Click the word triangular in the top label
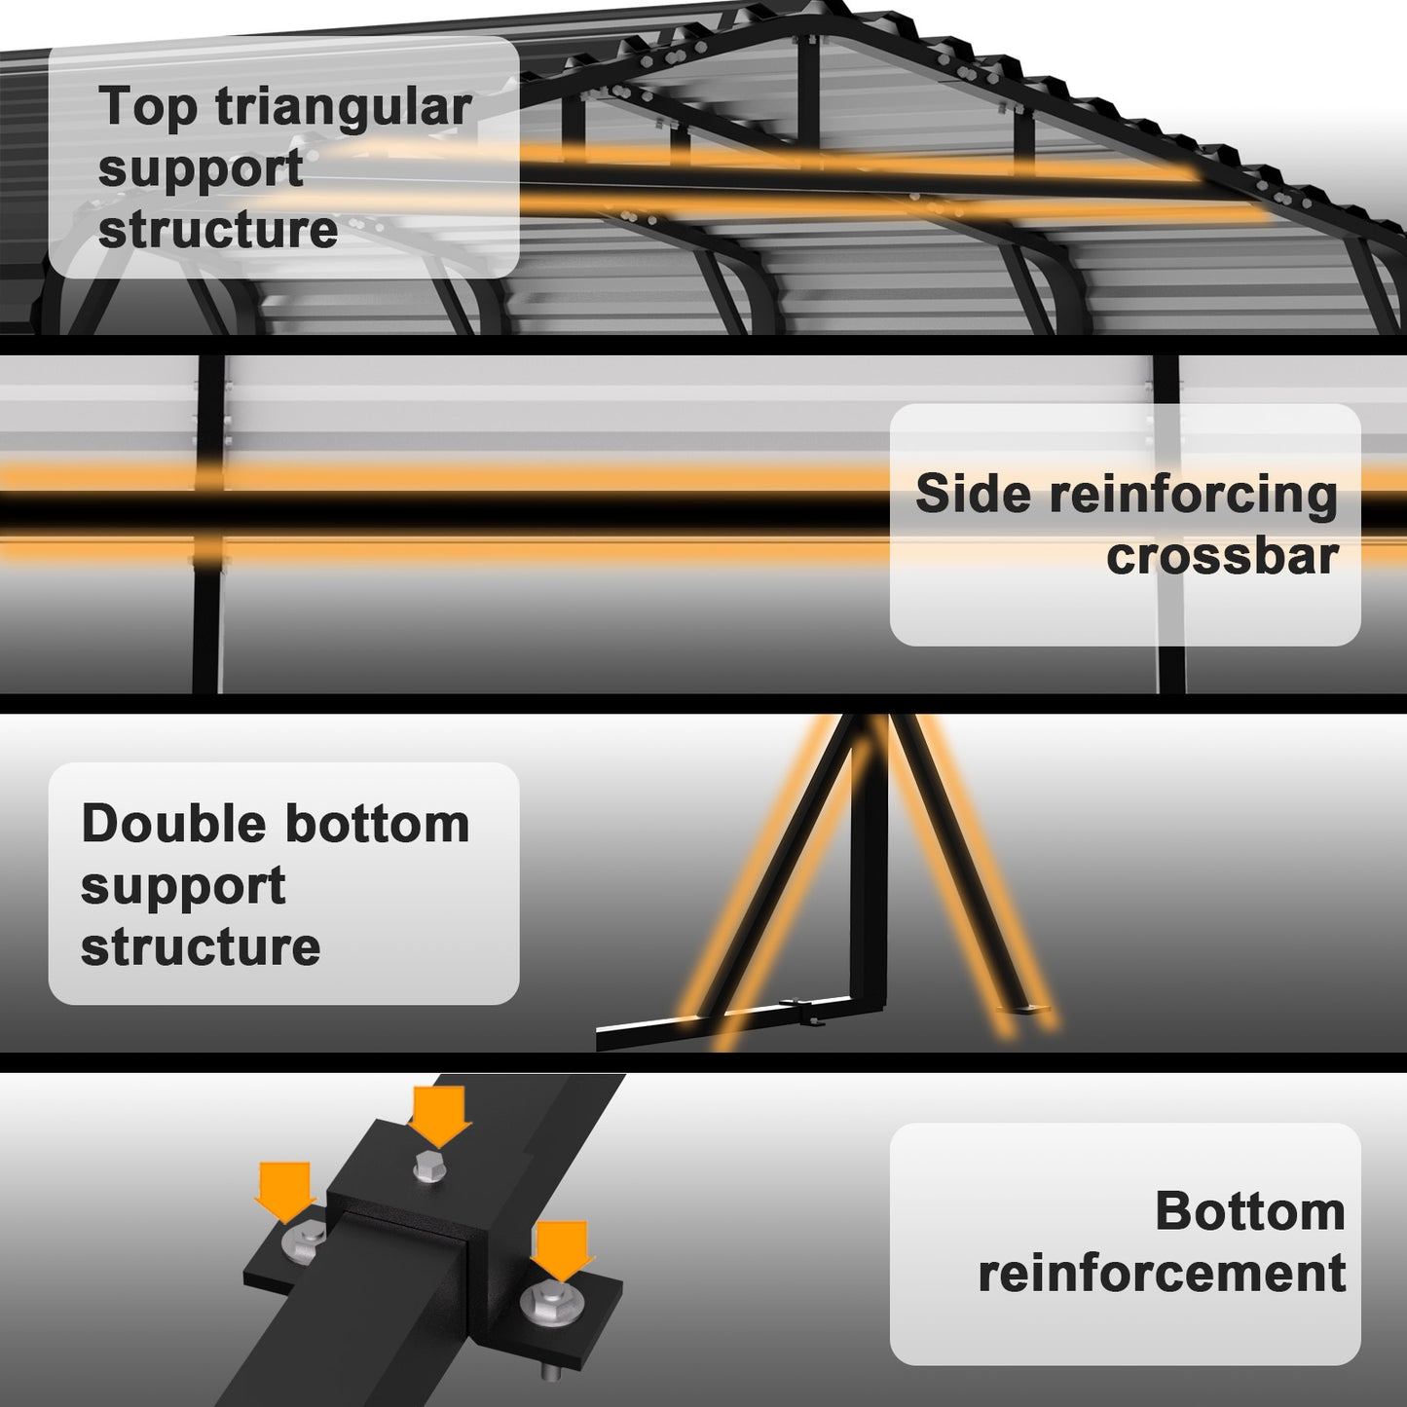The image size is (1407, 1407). pyautogui.click(x=344, y=108)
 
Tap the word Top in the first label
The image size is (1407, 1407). pyautogui.click(x=148, y=108)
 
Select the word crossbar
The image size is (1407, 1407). pyautogui.click(x=1222, y=557)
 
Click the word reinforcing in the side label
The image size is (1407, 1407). pyautogui.click(x=1193, y=495)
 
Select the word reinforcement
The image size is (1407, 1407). pyautogui.click(x=1162, y=1274)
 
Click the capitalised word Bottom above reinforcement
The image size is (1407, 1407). pyautogui.click(x=1249, y=1212)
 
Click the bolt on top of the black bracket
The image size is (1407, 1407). pyautogui.click(x=429, y=1166)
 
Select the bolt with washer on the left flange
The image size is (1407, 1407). pyautogui.click(x=304, y=1240)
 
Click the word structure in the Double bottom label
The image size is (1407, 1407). pyautogui.click(x=200, y=947)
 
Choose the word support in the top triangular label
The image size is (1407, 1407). pyautogui.click(x=201, y=169)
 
